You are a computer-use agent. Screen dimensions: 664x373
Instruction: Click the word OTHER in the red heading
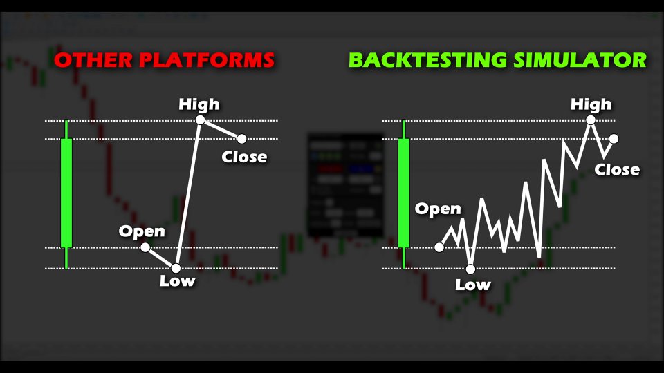(93, 60)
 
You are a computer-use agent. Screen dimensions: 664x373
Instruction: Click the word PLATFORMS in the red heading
(207, 60)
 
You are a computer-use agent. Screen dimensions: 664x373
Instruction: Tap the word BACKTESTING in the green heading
(427, 60)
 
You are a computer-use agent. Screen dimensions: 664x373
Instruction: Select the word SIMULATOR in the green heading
(580, 60)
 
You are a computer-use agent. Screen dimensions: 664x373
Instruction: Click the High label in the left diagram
(199, 104)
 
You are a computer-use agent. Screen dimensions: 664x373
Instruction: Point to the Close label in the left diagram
(244, 157)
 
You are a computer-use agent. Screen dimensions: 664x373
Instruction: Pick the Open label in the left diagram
(142, 232)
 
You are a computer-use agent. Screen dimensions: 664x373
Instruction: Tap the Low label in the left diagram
(178, 281)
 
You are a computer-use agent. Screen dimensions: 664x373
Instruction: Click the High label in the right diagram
(591, 104)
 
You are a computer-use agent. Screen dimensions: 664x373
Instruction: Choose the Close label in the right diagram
(617, 170)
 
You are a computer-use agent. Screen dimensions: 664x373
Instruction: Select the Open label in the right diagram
(438, 209)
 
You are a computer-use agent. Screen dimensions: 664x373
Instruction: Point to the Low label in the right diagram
(473, 285)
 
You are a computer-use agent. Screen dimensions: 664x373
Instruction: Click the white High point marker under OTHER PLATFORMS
(201, 120)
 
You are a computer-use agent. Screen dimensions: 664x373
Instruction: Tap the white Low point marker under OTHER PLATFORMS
(176, 268)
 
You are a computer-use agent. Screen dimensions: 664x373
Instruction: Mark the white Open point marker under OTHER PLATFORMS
(145, 247)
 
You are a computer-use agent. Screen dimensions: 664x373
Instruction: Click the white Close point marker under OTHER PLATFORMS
(242, 138)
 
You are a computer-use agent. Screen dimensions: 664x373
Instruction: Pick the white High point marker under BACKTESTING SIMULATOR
(591, 120)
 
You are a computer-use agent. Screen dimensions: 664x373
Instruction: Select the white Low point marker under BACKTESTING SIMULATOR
(470, 269)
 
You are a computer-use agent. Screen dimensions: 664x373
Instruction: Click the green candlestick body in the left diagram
(66, 193)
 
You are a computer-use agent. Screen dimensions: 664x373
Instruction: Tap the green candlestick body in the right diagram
(403, 193)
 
